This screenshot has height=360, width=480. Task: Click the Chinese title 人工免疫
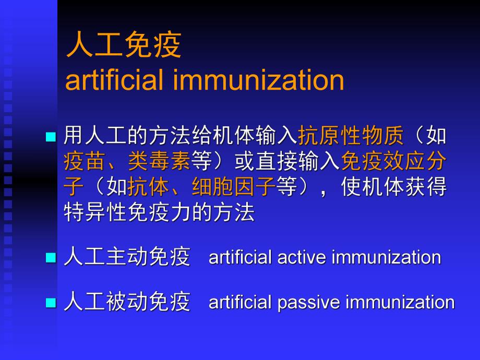[124, 46]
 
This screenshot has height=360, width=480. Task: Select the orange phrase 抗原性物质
[351, 137]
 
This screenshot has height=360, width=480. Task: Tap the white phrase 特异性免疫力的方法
[159, 212]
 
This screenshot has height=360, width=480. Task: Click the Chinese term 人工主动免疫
[127, 257]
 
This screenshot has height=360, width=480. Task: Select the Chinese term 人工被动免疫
[127, 302]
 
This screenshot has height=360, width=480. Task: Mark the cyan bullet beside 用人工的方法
[50, 137]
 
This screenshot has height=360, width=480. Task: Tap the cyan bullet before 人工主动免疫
[50, 258]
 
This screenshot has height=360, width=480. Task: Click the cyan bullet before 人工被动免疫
[50, 303]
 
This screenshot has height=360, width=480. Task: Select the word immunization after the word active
[386, 258]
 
